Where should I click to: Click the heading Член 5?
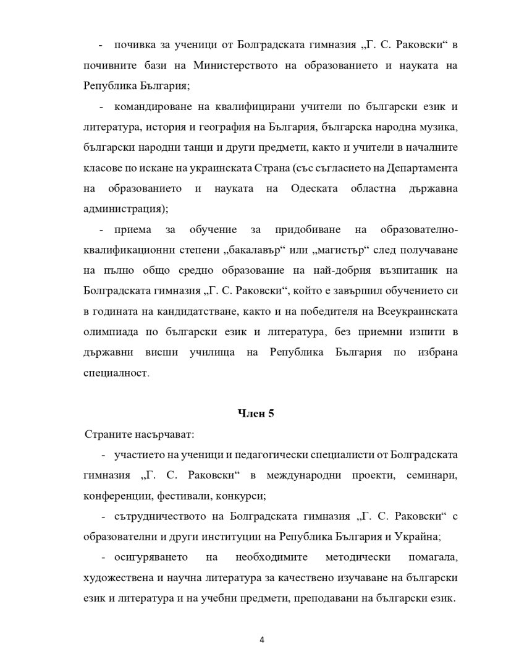coord(256,414)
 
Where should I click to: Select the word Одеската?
coord(314,188)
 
